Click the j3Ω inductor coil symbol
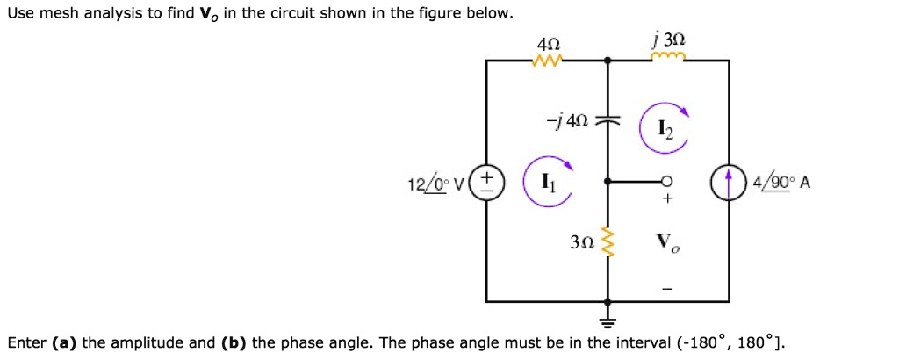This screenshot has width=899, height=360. click(x=668, y=59)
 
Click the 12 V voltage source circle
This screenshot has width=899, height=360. click(x=489, y=183)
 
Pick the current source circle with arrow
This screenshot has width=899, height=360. click(x=729, y=184)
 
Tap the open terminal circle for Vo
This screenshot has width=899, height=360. click(x=667, y=183)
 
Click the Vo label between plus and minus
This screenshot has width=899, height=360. click(x=667, y=241)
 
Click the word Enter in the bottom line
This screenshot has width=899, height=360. click(x=26, y=342)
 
